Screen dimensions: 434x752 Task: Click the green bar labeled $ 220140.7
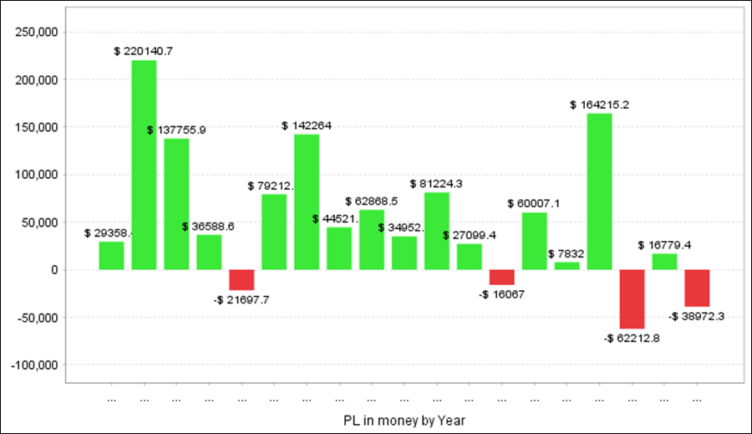tap(144, 165)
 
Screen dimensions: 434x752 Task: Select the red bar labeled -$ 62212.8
tap(633, 299)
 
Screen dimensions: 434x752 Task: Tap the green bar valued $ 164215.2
tap(600, 191)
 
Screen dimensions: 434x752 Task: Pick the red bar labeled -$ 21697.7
tap(241, 279)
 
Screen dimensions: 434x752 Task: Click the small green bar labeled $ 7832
tap(567, 266)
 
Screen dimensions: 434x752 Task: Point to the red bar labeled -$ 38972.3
tap(697, 288)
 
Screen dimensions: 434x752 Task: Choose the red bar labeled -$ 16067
tap(502, 277)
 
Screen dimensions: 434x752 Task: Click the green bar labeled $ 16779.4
tap(664, 261)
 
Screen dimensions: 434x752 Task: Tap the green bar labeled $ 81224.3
tap(437, 231)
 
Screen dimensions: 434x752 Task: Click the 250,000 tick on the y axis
tap(36, 33)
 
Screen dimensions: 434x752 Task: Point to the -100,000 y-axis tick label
tap(34, 365)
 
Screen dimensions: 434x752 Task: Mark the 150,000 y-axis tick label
tap(36, 127)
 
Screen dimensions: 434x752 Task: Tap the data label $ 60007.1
tap(533, 203)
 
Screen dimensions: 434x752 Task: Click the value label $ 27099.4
tap(470, 235)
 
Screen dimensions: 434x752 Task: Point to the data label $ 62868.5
tap(371, 202)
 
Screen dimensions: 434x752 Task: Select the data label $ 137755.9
tap(176, 130)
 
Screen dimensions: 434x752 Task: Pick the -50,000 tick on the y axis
tap(38, 318)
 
